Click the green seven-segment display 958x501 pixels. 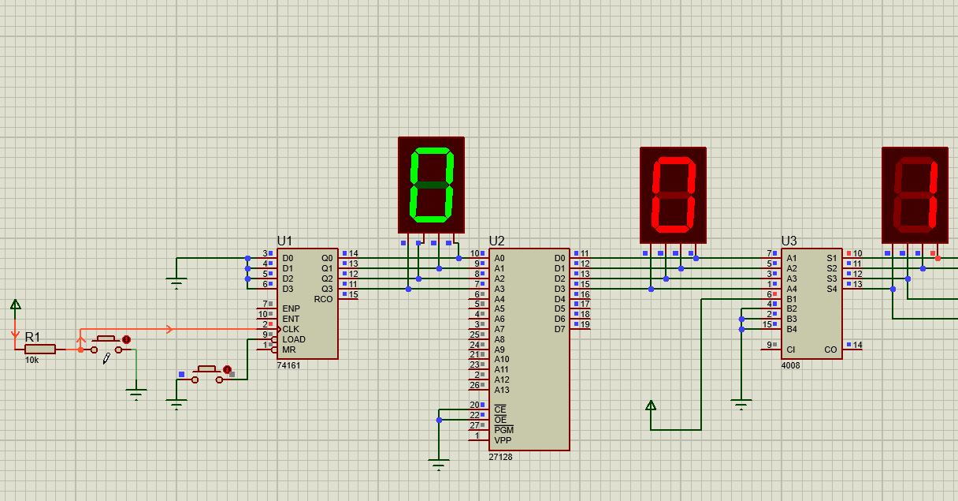(x=431, y=185)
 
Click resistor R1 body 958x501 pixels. (x=40, y=349)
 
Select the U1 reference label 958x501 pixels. (x=284, y=241)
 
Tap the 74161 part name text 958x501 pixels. (x=288, y=365)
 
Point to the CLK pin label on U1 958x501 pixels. (x=291, y=329)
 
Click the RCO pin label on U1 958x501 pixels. (x=324, y=299)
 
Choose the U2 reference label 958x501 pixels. (x=496, y=241)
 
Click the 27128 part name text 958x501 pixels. (x=500, y=457)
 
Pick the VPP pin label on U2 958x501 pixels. (x=503, y=440)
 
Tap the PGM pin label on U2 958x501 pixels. (x=503, y=430)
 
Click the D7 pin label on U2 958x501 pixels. (x=559, y=329)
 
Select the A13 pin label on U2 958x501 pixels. (x=502, y=390)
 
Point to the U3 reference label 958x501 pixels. (x=789, y=241)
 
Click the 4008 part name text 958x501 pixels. (x=790, y=365)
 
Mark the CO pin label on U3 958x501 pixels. (x=830, y=350)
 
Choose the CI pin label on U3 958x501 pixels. (x=791, y=350)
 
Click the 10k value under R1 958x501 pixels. (x=32, y=360)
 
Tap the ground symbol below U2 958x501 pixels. (x=439, y=462)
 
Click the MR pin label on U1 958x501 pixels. (x=289, y=350)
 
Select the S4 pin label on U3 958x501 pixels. (x=831, y=289)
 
